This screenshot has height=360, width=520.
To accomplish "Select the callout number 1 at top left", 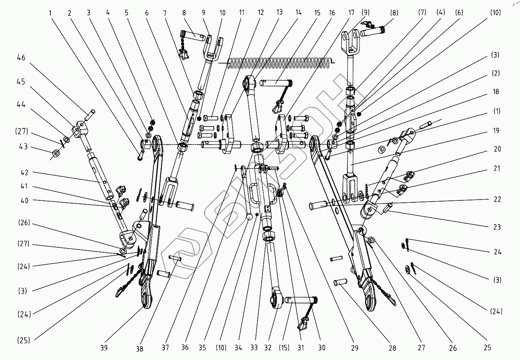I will click(x=50, y=13).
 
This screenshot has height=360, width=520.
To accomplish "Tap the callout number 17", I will click(x=351, y=13).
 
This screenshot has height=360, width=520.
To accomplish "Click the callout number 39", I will click(x=104, y=348).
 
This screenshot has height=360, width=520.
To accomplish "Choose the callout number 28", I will click(x=392, y=348).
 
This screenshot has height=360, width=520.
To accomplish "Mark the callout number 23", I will click(x=497, y=227).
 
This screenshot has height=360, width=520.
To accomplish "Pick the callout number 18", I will click(x=496, y=92).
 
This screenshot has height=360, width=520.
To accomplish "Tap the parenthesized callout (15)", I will click(x=284, y=348).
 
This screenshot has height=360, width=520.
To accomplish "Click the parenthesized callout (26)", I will click(x=24, y=223).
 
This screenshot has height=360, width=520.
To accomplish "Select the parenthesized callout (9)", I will click(x=365, y=13).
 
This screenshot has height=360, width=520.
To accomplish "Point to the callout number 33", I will click(x=254, y=348).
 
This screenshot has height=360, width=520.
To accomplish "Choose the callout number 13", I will click(x=279, y=13).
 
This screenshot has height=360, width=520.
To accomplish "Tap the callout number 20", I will click(x=497, y=149).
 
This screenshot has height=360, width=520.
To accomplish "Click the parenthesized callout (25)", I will click(x=24, y=340).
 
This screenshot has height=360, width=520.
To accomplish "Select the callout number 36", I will click(x=185, y=348).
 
